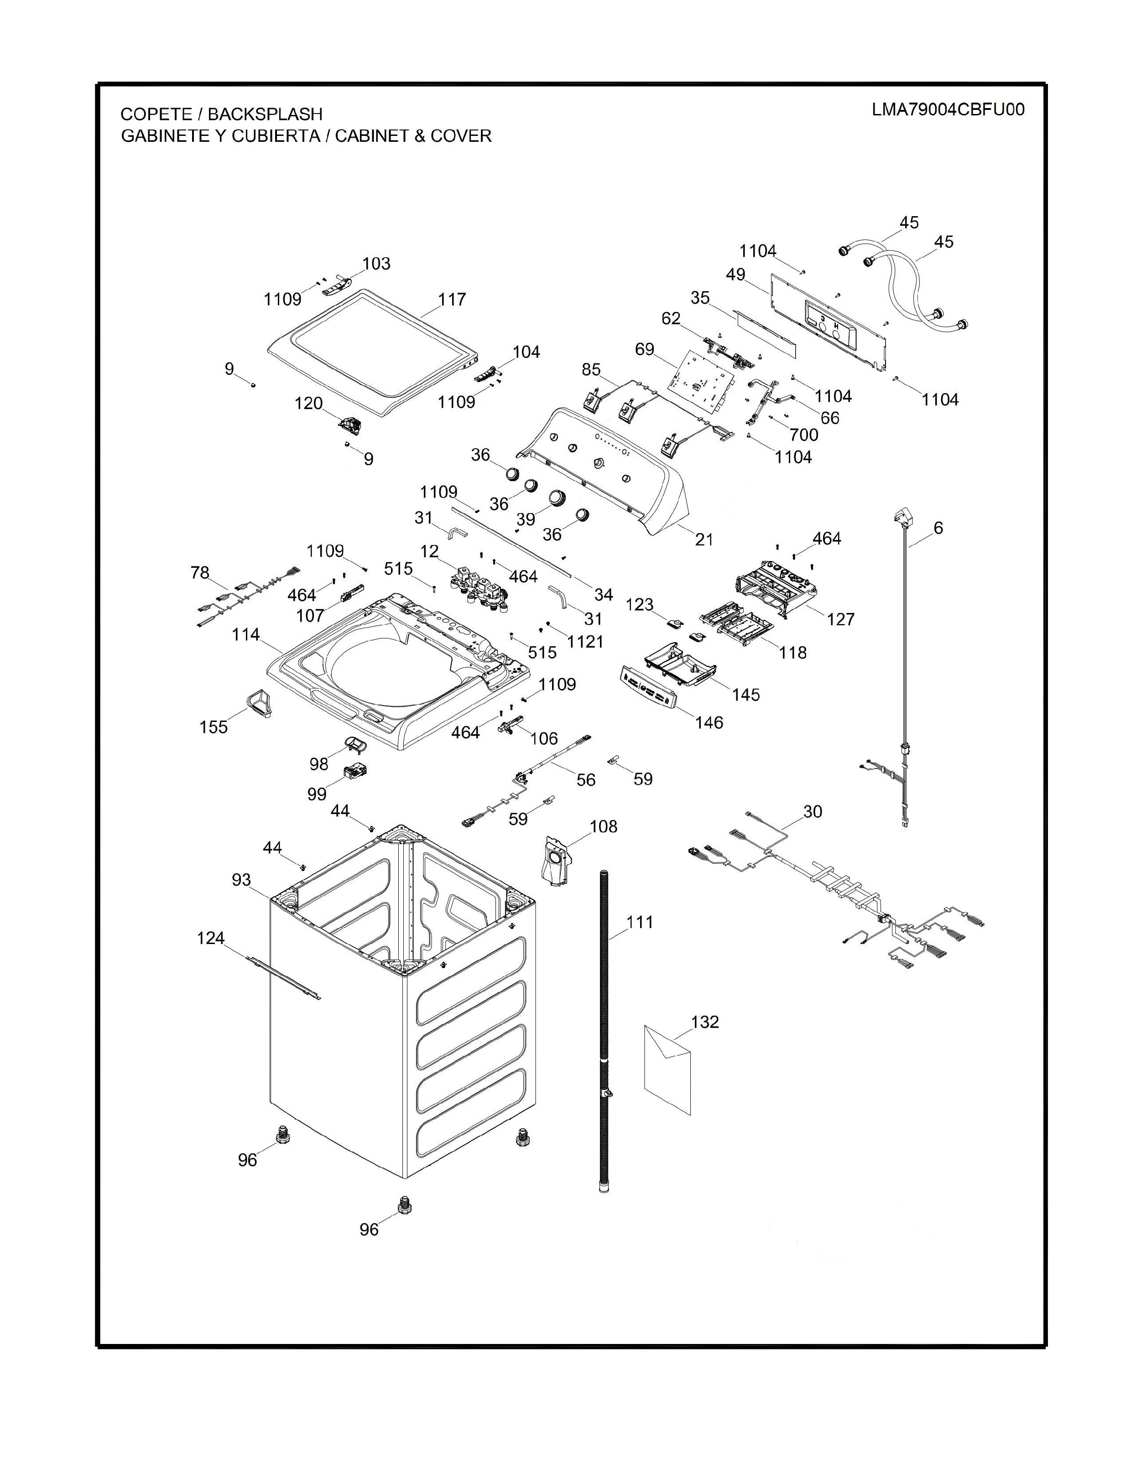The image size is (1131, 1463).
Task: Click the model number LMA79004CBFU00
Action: [948, 110]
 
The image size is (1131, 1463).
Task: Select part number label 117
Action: [452, 300]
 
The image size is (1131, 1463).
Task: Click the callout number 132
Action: [705, 1022]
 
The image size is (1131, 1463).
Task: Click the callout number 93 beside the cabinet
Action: [241, 880]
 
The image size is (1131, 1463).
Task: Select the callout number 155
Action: [213, 727]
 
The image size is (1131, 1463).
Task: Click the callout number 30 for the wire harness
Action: [812, 811]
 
